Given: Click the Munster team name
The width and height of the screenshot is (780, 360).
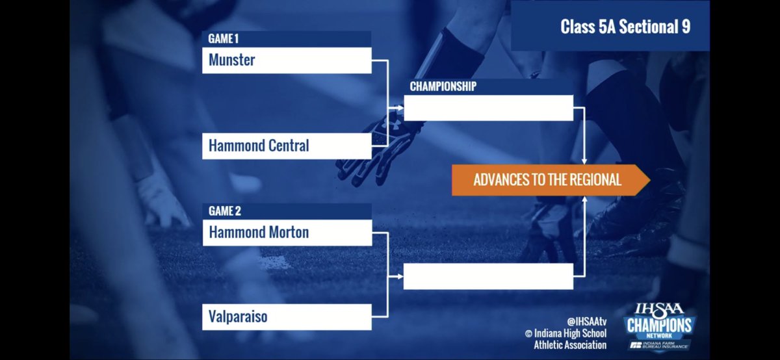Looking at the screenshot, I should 232,60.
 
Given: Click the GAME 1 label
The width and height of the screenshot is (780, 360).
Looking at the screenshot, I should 224,39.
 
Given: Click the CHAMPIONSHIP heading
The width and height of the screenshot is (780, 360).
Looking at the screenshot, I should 443,86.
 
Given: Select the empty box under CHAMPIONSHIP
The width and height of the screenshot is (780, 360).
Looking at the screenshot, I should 488,108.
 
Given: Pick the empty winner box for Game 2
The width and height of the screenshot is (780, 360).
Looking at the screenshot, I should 488,276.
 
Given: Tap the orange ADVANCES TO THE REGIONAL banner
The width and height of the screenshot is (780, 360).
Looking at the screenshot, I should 547,180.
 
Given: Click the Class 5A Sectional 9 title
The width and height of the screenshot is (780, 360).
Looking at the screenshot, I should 625,27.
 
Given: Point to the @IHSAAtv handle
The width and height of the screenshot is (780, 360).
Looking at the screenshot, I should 586,321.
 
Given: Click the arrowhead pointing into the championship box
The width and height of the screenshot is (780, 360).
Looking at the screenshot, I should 399,109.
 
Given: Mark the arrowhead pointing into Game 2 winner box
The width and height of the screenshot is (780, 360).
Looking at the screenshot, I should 399,276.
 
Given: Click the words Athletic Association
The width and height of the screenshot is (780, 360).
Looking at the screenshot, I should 565,345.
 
